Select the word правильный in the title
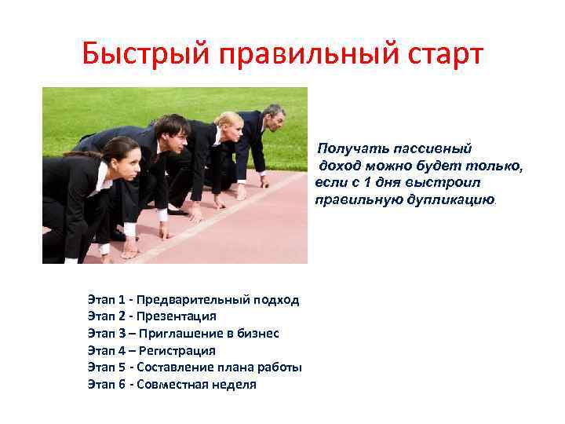[x=297, y=55]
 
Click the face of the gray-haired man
[x=275, y=120]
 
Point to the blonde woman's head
[x=228, y=125]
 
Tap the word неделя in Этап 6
[x=231, y=384]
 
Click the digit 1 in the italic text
[x=366, y=182]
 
